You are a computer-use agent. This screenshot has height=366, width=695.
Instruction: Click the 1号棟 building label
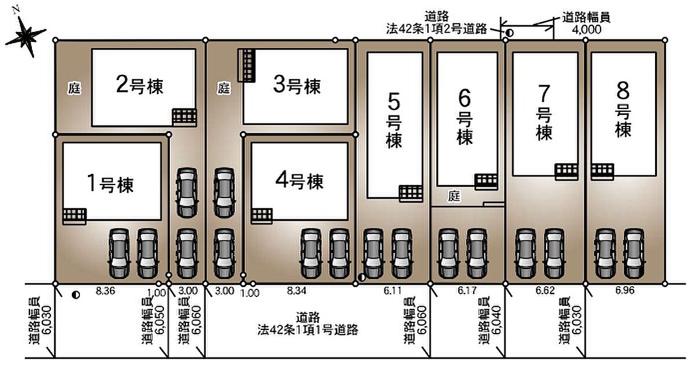(x=111, y=184)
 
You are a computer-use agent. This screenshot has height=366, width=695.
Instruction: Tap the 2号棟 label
(x=140, y=85)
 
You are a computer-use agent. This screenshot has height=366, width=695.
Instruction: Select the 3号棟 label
(x=297, y=85)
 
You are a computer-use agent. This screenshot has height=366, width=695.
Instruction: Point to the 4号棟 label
(x=299, y=181)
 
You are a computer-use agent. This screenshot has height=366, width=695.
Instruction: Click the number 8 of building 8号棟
(x=623, y=90)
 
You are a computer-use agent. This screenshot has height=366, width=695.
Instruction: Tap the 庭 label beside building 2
(x=75, y=89)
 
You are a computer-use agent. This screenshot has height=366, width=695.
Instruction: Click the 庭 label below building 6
(x=454, y=196)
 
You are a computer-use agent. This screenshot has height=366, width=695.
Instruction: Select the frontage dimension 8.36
(x=105, y=291)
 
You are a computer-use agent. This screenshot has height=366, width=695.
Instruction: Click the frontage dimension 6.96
(x=625, y=291)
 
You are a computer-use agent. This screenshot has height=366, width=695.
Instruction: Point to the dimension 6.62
(x=545, y=291)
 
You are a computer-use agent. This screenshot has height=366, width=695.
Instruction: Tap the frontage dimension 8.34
(x=297, y=291)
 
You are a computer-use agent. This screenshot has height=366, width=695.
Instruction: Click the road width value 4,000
(x=587, y=30)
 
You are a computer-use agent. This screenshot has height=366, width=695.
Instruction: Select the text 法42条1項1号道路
(x=308, y=329)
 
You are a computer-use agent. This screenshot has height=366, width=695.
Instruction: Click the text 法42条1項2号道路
(x=437, y=29)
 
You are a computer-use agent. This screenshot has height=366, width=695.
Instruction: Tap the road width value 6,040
(x=497, y=320)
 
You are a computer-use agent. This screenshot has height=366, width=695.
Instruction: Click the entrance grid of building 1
(x=75, y=216)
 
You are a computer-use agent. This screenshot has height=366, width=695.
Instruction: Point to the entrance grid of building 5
(x=411, y=193)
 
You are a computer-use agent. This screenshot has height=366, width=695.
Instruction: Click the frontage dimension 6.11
(x=393, y=291)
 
